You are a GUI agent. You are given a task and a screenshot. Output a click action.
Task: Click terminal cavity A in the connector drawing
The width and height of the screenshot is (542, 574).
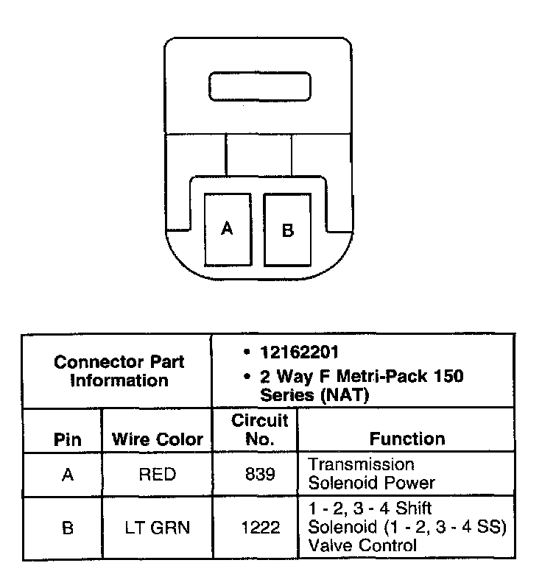tap(227, 229)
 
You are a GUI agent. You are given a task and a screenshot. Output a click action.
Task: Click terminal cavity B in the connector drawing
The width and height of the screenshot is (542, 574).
tap(288, 230)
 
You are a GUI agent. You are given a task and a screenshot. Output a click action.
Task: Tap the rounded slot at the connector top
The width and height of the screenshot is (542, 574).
tap(259, 87)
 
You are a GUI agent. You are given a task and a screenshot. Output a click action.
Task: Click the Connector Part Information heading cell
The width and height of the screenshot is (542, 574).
tap(119, 372)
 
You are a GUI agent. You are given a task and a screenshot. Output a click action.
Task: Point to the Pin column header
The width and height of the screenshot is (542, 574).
tap(68, 439)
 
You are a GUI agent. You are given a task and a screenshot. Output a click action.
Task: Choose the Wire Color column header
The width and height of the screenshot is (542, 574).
tap(158, 439)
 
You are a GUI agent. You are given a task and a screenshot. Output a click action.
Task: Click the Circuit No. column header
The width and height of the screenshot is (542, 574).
tap(260, 430)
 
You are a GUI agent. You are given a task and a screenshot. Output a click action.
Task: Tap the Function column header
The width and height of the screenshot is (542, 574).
tap(407, 439)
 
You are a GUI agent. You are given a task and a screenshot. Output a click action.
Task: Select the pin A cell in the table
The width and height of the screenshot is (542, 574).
tap(68, 475)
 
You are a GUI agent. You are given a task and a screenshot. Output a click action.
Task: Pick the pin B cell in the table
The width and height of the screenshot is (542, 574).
tap(68, 528)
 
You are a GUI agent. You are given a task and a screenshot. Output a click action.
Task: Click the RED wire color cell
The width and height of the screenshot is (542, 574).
tap(158, 475)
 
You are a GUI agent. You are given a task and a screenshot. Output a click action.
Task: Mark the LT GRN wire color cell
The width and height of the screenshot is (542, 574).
tap(158, 528)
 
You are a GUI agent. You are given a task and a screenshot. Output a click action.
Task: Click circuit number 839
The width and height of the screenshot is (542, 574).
tap(260, 475)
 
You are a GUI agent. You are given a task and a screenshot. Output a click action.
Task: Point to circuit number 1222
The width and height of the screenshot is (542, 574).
tap(260, 528)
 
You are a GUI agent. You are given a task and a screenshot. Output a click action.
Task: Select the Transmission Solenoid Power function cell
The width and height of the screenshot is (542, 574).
tap(372, 474)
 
